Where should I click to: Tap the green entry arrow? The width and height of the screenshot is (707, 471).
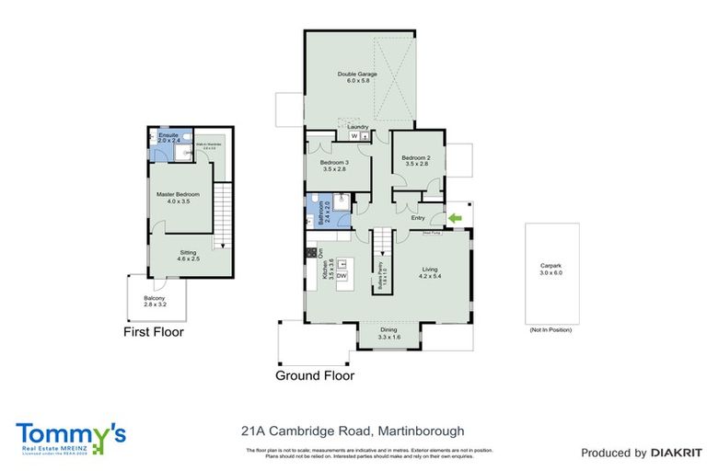tap(455, 217)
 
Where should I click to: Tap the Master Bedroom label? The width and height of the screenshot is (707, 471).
tap(172, 197)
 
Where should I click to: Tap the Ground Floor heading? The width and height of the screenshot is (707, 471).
tap(315, 375)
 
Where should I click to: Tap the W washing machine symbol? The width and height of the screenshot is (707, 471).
tap(354, 136)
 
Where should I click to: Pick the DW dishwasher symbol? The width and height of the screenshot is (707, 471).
tap(341, 276)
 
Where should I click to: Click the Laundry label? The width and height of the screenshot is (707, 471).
tap(358, 127)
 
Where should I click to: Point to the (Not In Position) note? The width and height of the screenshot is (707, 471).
tap(551, 329)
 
